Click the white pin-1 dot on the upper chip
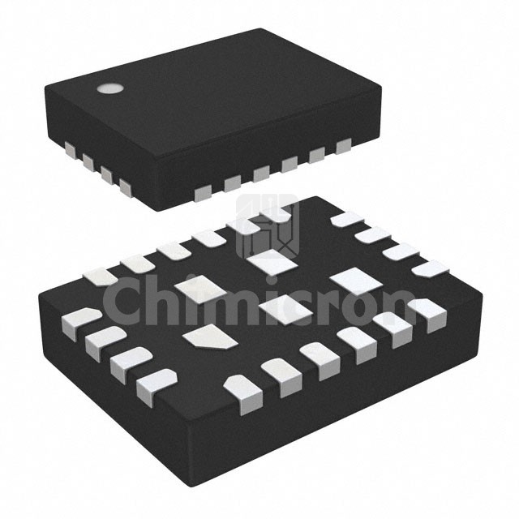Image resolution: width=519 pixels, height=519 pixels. tap(108, 88)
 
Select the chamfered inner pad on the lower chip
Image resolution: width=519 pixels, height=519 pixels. tap(209, 337)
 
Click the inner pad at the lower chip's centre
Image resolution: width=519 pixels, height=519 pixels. tap(280, 309)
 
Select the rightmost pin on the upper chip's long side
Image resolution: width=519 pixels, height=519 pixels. tap(344, 146)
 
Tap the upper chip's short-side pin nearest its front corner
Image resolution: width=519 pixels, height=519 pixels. tap(124, 187)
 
